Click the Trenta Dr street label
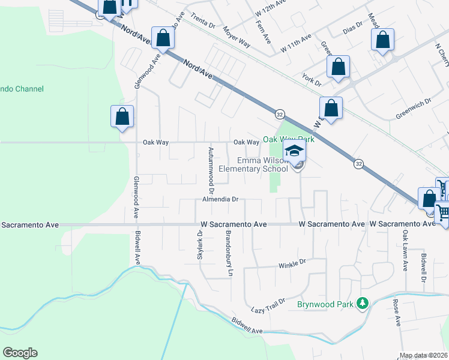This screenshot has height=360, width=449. (x=203, y=22)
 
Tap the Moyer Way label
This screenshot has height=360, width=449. (x=237, y=37)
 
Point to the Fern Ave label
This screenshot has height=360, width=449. (x=265, y=31)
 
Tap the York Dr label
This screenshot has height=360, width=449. (x=312, y=78)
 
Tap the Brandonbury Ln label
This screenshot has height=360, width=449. (x=229, y=253)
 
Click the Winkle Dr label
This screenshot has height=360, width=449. (x=292, y=263)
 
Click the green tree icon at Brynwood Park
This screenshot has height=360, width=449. (x=362, y=304)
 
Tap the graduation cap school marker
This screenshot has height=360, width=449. (x=295, y=151)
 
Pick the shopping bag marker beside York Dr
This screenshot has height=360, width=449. (x=339, y=67)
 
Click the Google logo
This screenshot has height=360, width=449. (x=20, y=353)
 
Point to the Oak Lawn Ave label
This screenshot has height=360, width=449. (x=406, y=251)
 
